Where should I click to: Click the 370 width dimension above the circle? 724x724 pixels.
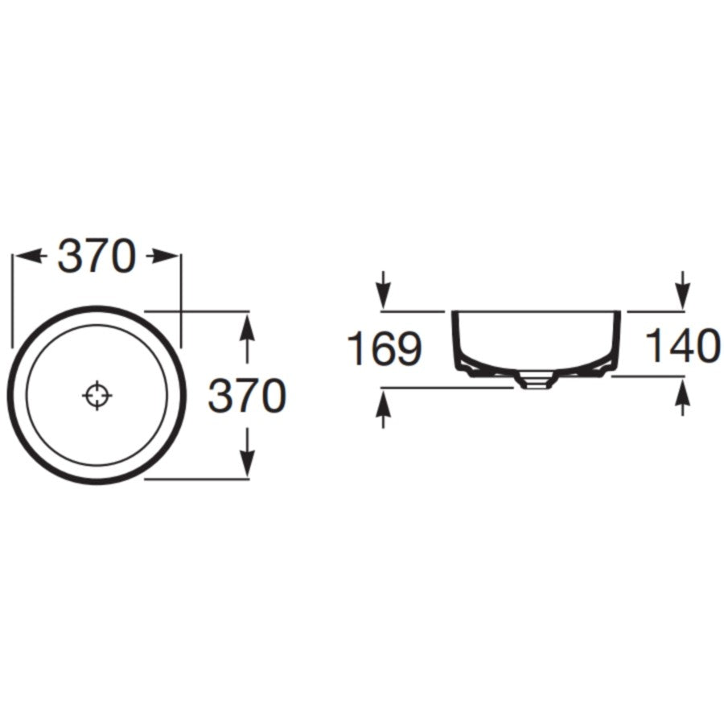(97, 255)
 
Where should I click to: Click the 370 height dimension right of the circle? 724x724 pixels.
(248, 395)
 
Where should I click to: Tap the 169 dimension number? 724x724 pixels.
(385, 349)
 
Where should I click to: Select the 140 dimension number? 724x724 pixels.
(682, 345)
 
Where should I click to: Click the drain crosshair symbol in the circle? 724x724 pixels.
(97, 395)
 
